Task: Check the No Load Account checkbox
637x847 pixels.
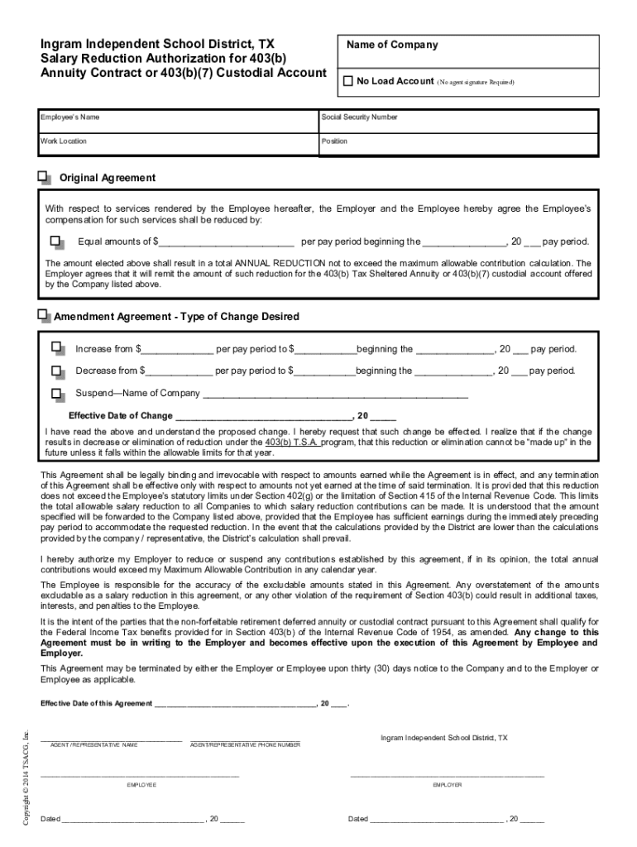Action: tap(347, 81)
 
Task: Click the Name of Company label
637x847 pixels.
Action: tap(391, 45)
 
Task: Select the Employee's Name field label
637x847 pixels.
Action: tap(70, 117)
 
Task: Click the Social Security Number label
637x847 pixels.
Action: tap(360, 117)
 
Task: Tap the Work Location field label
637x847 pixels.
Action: tap(64, 141)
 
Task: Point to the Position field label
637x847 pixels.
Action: tap(335, 141)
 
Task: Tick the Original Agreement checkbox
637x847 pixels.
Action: tap(43, 177)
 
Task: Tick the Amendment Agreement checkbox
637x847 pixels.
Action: tap(43, 315)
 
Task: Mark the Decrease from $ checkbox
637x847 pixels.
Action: tap(56, 371)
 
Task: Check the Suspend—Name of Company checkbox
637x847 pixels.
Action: tap(56, 393)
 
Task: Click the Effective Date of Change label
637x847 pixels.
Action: tap(121, 416)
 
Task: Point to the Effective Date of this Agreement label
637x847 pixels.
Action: tap(96, 704)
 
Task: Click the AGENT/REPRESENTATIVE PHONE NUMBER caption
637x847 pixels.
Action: tap(245, 745)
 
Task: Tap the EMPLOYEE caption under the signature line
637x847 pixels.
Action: tap(141, 784)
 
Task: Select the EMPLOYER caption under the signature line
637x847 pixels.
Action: tap(448, 784)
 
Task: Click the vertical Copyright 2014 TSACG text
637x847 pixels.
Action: tap(26, 778)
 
